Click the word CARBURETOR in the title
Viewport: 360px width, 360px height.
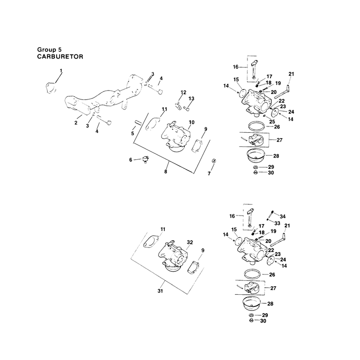click(x=60, y=57)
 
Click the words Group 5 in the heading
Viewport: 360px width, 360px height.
click(x=49, y=49)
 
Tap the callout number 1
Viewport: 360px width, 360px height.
click(x=61, y=71)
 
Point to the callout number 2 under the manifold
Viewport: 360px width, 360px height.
click(x=76, y=123)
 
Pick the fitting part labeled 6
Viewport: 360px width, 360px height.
click(x=145, y=159)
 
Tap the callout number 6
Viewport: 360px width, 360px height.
click(x=130, y=160)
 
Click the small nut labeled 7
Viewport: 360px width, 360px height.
click(x=214, y=161)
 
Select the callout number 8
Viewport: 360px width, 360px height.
click(x=166, y=171)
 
